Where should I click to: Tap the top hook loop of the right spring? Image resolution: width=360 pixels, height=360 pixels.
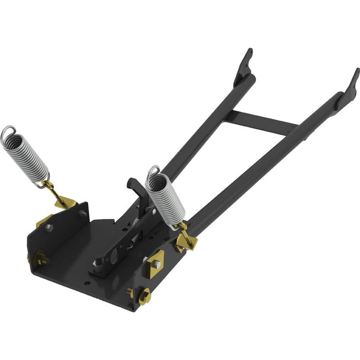click(x=153, y=171)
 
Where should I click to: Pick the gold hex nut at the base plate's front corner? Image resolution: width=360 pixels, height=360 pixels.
click(x=145, y=297)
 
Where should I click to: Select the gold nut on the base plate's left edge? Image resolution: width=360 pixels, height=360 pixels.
click(x=40, y=259)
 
